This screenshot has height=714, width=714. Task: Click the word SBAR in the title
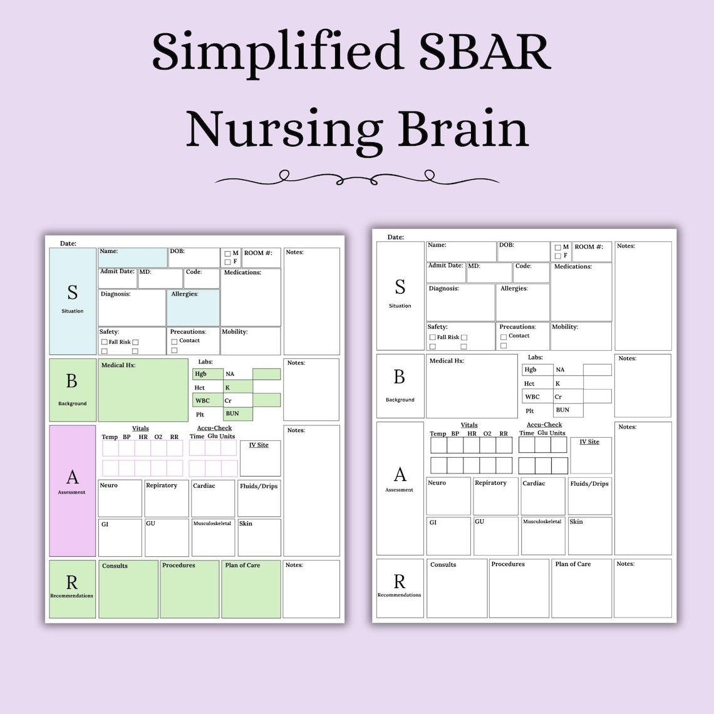click(x=485, y=51)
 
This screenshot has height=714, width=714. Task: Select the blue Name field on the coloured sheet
click(x=133, y=258)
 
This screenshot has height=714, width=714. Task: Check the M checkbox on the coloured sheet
click(x=228, y=254)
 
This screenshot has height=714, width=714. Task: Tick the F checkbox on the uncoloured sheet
click(x=558, y=256)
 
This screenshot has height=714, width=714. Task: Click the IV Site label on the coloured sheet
click(x=259, y=445)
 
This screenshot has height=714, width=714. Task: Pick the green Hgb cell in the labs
click(x=208, y=374)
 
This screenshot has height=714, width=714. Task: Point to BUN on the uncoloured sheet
click(x=562, y=410)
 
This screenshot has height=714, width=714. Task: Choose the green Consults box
click(x=128, y=589)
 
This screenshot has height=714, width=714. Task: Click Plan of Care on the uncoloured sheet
click(x=573, y=564)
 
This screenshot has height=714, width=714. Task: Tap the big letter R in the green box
click(x=72, y=582)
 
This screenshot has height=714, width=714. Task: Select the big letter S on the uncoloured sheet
click(x=400, y=287)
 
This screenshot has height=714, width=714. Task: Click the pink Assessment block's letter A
click(x=73, y=477)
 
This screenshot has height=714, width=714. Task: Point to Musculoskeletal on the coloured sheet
click(x=212, y=523)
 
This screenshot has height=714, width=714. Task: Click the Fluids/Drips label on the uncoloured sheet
click(x=589, y=484)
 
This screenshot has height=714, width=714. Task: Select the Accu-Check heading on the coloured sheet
click(x=214, y=428)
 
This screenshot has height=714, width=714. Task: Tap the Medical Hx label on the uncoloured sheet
click(x=446, y=361)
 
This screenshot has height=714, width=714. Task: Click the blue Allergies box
click(x=193, y=308)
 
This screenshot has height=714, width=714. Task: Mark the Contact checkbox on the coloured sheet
click(x=174, y=341)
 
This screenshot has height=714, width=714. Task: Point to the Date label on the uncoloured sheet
click(x=396, y=237)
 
